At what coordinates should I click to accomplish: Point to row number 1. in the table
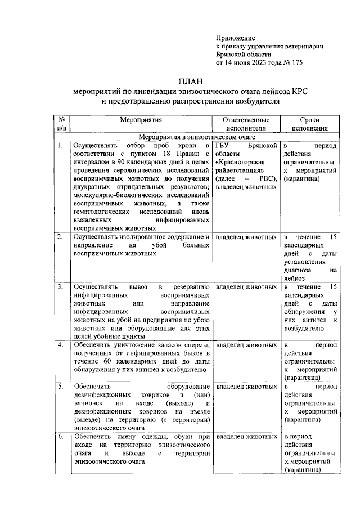pyautogui.click(x=60, y=145)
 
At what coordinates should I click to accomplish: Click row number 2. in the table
pyautogui.click(x=60, y=237)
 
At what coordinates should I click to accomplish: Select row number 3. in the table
pyautogui.click(x=60, y=287)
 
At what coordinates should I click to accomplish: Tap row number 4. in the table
pyautogui.click(x=60, y=345)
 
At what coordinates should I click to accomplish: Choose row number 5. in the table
pyautogui.click(x=60, y=387)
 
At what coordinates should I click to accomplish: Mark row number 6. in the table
pyautogui.click(x=60, y=437)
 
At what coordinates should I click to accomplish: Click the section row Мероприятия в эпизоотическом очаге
pyautogui.click(x=197, y=136)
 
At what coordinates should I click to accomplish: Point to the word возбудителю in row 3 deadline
pyautogui.click(x=304, y=327)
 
